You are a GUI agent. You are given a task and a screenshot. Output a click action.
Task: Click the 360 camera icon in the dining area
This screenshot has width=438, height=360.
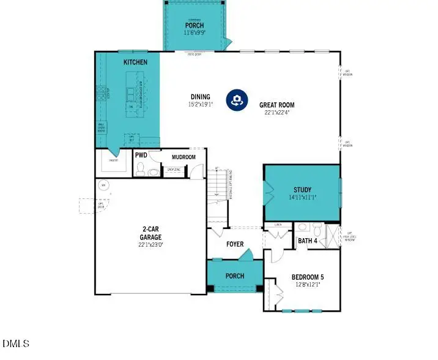[x=237, y=100]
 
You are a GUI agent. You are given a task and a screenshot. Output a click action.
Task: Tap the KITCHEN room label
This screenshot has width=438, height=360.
[x=135, y=62]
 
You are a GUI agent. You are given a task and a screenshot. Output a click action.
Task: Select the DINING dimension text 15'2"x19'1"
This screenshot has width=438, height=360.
[x=200, y=104]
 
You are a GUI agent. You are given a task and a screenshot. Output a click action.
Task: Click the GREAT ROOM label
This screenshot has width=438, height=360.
[x=277, y=104]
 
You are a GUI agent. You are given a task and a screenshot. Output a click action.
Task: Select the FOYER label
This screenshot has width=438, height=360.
[x=235, y=244]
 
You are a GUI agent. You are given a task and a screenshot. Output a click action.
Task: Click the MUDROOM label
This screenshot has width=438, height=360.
[x=184, y=157]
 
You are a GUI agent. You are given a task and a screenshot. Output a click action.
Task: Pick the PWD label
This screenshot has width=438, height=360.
[x=141, y=156]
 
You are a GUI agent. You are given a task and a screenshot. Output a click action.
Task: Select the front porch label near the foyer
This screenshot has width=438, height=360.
[x=235, y=276]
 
